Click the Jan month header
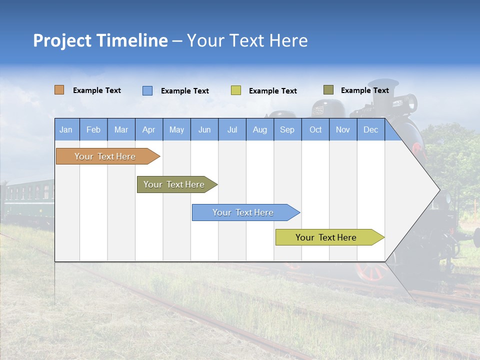[x=66, y=130]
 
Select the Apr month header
[x=148, y=130]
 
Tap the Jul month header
[x=232, y=130]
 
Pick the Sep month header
[x=287, y=130]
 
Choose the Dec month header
[x=370, y=130]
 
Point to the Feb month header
[x=93, y=130]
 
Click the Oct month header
[x=315, y=130]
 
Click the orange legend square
[x=59, y=90]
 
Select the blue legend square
[x=147, y=90]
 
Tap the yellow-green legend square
[x=236, y=90]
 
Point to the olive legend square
[x=328, y=90]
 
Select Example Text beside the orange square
[x=97, y=90]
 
